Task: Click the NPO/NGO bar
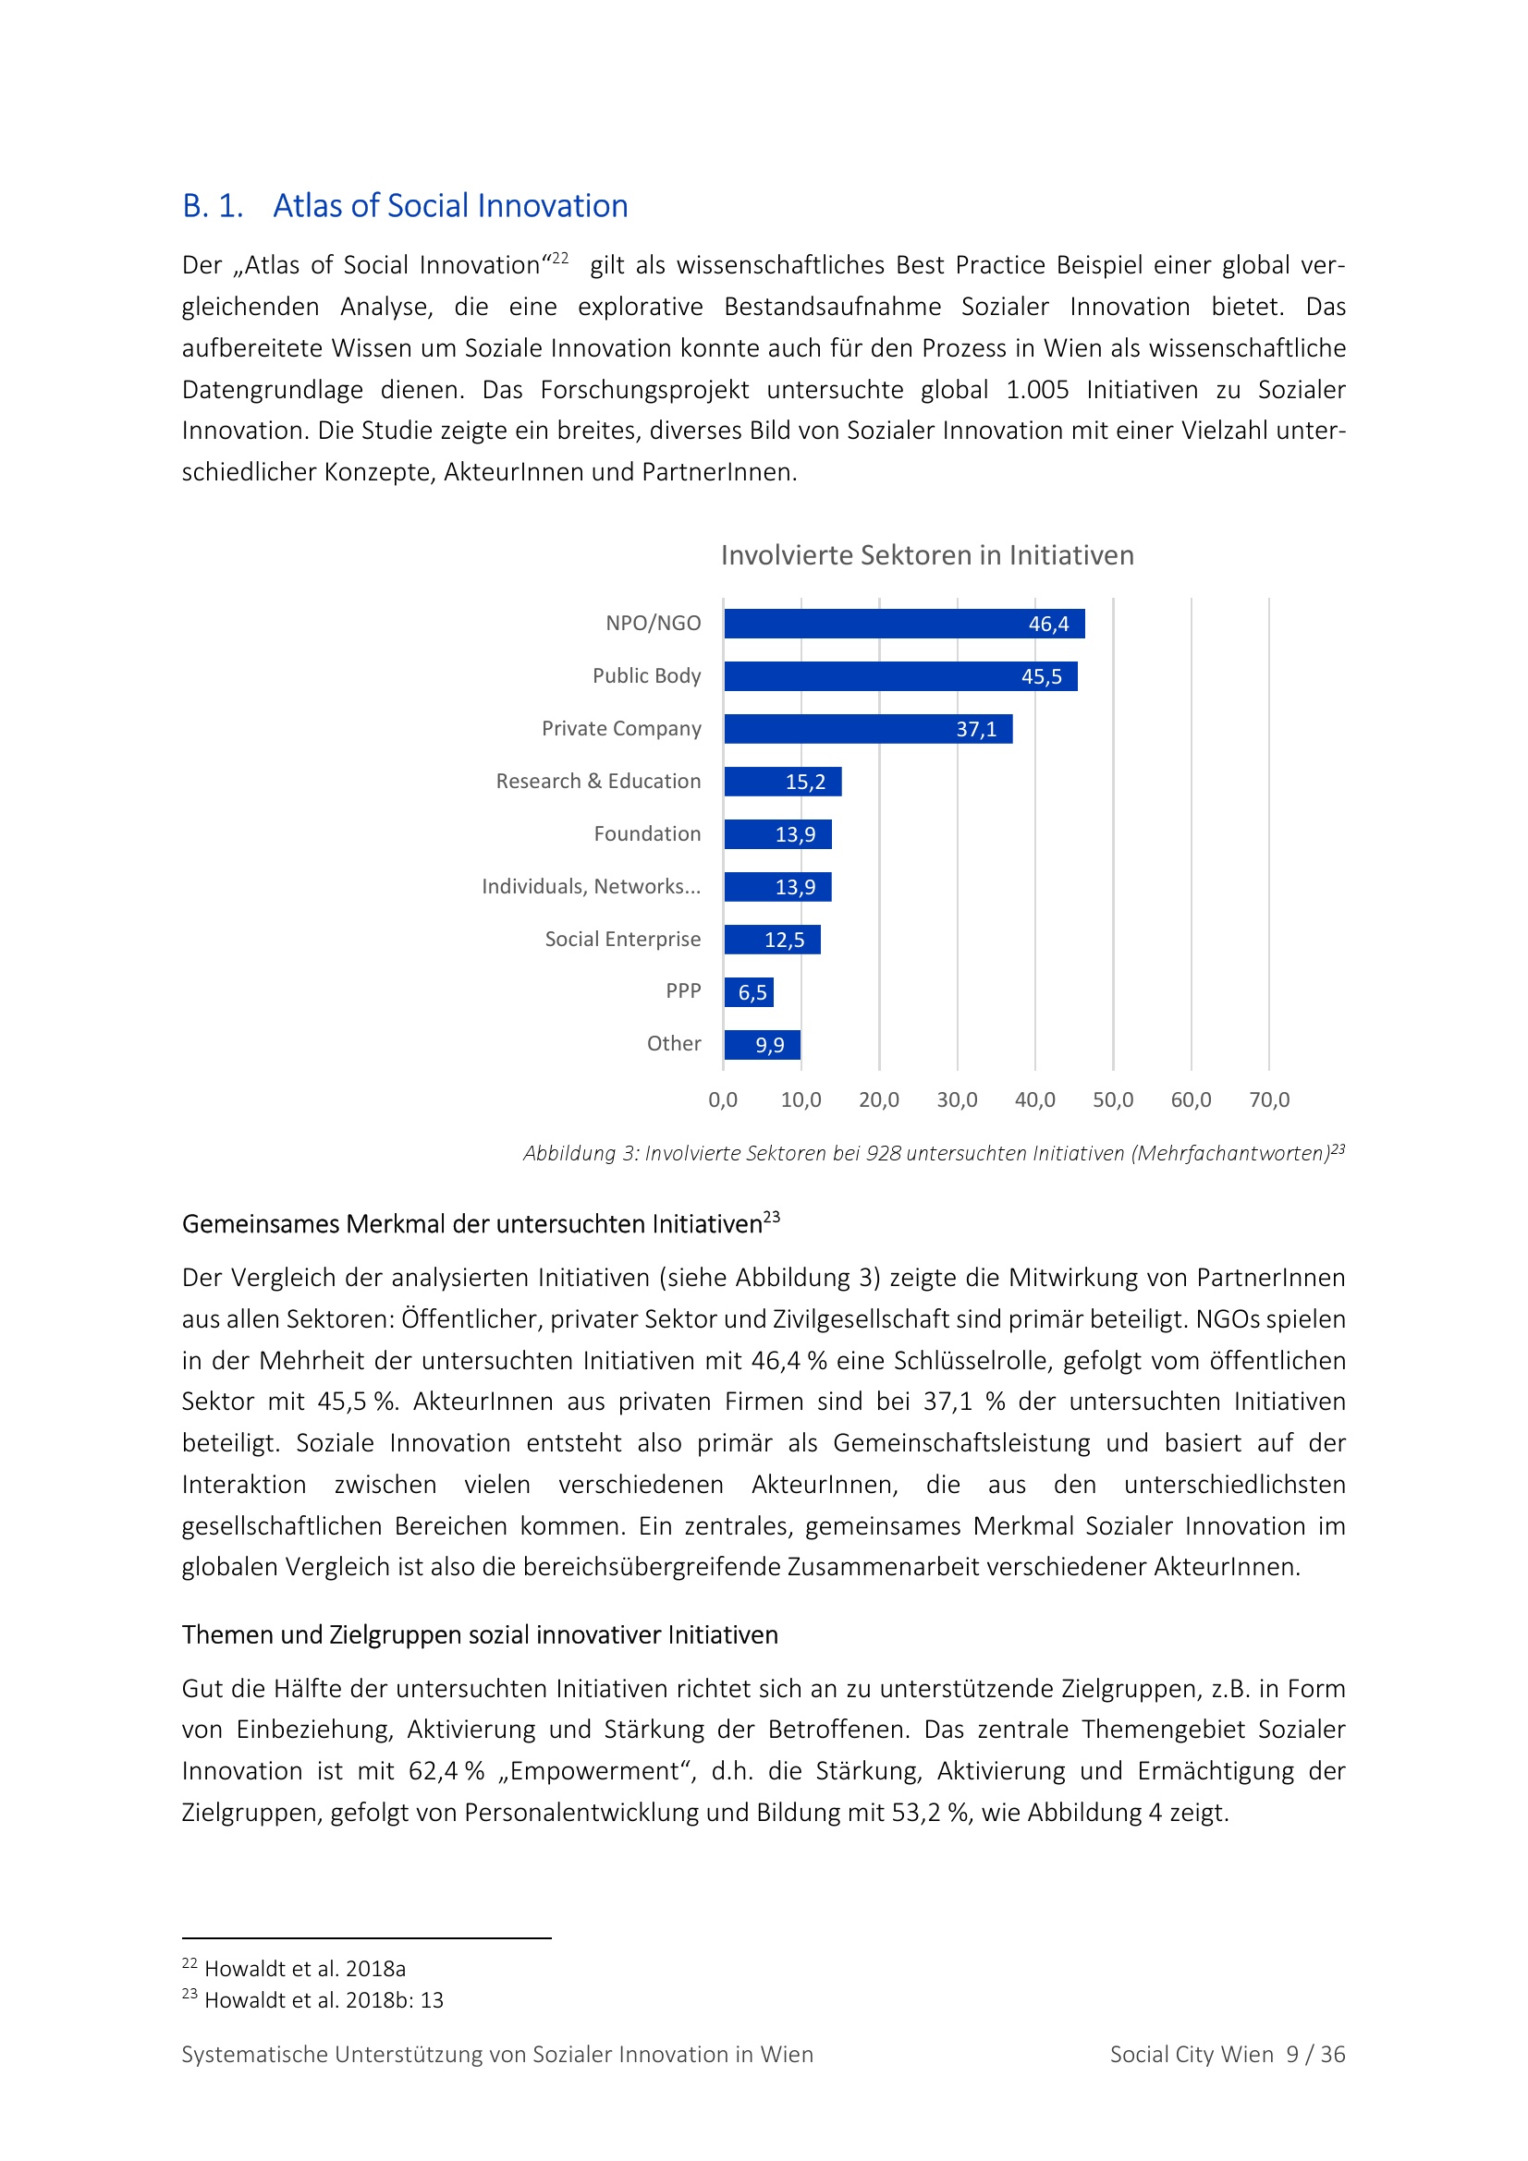[x=904, y=623]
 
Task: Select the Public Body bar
[x=900, y=675]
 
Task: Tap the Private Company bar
[x=867, y=728]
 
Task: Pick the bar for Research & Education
[x=781, y=782]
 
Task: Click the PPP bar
[x=749, y=992]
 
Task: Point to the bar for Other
[x=762, y=1045]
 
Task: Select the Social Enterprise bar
[x=772, y=940]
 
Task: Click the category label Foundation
[x=647, y=834]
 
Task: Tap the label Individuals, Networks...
[x=591, y=887]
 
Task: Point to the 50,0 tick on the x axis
[x=1113, y=1099]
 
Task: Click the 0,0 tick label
[x=723, y=1099]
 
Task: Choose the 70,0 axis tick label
[x=1269, y=1099]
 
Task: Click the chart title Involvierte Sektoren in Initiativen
[x=926, y=555]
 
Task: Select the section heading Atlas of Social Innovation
[x=450, y=206]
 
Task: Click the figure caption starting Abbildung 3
[x=932, y=1153]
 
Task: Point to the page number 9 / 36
[x=1315, y=2055]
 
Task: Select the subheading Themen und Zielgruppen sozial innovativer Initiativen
[x=479, y=1635]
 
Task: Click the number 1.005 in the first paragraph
[x=1036, y=390]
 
